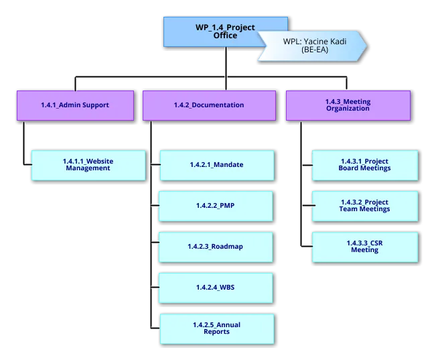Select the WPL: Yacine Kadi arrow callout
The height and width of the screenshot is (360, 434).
[311, 46]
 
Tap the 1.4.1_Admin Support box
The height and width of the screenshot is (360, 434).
[74, 105]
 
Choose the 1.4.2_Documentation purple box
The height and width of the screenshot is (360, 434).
[208, 105]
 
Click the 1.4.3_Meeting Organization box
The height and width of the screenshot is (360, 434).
[347, 105]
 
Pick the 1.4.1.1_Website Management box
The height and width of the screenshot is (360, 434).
[88, 165]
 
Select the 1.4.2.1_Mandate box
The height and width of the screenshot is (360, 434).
[215, 165]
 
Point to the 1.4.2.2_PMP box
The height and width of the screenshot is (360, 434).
[215, 206]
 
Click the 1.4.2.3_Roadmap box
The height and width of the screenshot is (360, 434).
[215, 247]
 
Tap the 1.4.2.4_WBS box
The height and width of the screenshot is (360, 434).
[215, 288]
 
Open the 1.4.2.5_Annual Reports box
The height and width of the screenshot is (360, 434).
[216, 328]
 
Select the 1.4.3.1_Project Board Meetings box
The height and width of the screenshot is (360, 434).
[364, 165]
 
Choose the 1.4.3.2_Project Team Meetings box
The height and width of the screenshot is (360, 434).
[364, 206]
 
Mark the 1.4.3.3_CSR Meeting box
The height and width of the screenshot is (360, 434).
[364, 247]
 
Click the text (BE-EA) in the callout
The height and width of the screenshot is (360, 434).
[314, 50]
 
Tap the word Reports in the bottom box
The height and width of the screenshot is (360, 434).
[216, 332]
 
